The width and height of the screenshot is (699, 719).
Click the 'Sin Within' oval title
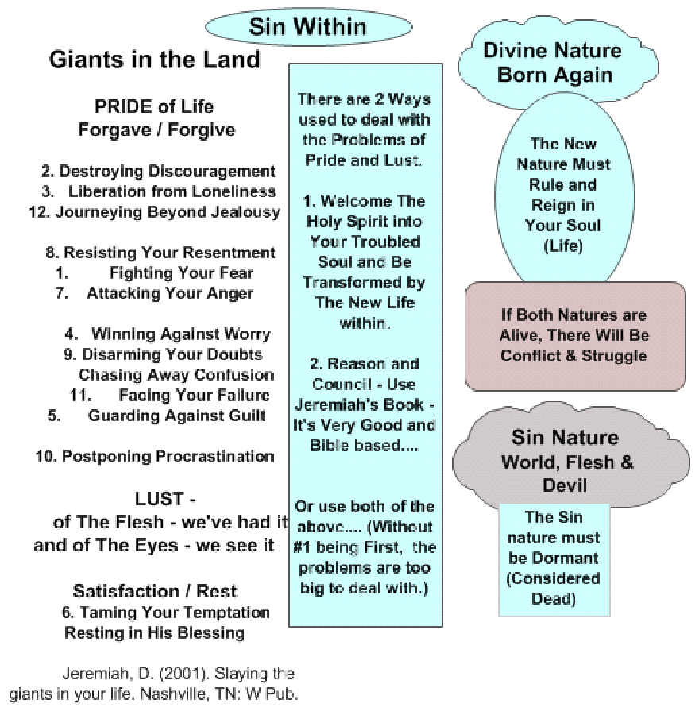308,26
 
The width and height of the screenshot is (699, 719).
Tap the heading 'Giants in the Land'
154,60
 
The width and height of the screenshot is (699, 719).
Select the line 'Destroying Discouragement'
168,172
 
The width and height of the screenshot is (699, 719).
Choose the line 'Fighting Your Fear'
181,273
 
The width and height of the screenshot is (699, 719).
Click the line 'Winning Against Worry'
181,334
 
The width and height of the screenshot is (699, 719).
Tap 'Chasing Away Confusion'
176,375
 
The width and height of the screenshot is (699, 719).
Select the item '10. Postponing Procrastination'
155,456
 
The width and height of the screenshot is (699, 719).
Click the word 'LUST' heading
159,498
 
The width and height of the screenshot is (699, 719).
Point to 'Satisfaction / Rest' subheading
155,591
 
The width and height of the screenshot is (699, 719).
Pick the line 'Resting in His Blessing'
154,632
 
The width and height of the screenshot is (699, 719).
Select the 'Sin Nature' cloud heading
565,437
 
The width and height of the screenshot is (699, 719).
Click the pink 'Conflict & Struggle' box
575,336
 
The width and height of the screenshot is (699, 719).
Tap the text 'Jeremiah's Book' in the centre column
360,404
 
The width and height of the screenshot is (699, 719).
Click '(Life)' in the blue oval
563,245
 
